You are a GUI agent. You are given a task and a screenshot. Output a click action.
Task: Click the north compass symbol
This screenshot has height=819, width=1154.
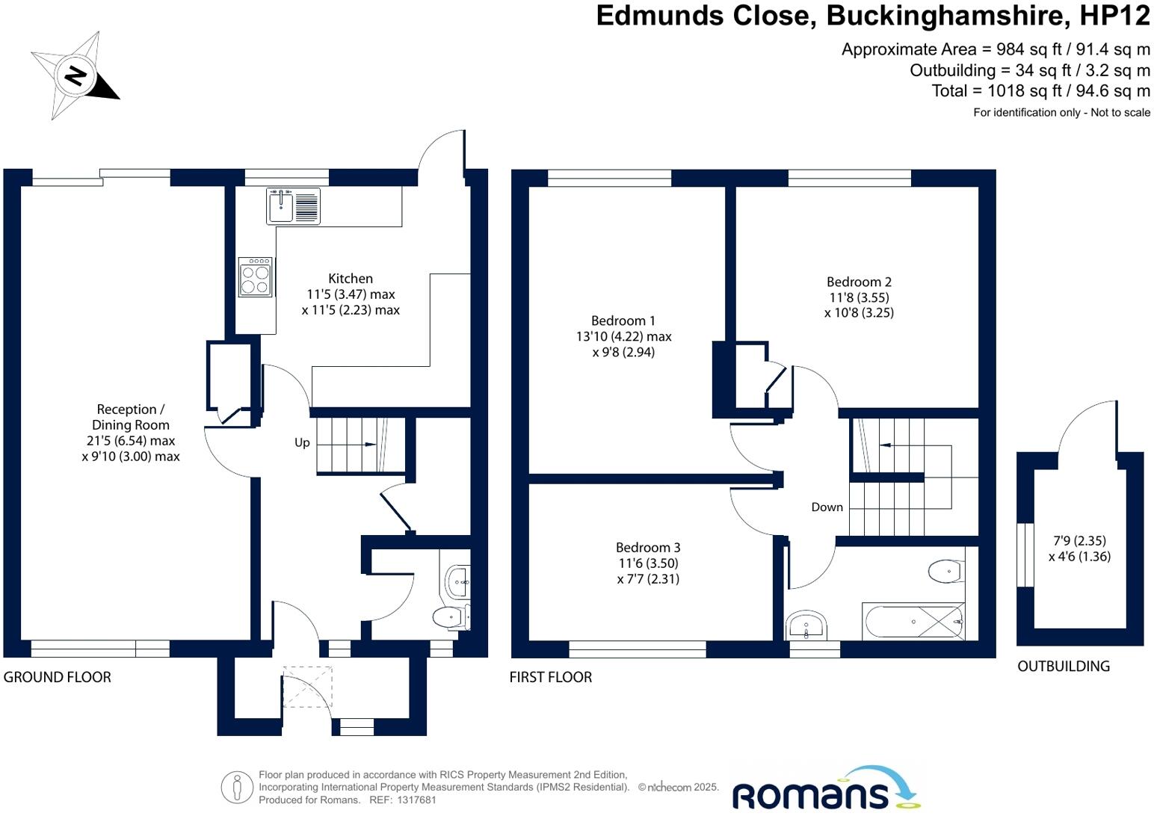75,75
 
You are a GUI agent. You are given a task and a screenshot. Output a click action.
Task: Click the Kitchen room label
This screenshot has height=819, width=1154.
351,279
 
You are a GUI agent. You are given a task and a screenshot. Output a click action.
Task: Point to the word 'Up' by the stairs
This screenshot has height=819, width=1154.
302,442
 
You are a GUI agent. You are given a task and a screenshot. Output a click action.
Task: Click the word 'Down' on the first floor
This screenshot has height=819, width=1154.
827,507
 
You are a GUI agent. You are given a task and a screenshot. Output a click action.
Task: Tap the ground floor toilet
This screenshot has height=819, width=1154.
449,617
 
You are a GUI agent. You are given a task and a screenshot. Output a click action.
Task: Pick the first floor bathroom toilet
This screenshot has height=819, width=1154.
945,572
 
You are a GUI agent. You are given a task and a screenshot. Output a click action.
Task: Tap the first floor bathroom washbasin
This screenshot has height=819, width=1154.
806,625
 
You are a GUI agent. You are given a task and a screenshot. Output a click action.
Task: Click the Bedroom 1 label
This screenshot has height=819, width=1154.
623,321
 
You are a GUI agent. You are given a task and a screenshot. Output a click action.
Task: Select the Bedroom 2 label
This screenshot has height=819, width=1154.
859,282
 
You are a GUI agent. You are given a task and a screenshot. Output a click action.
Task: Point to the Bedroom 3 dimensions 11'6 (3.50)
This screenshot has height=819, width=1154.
648,563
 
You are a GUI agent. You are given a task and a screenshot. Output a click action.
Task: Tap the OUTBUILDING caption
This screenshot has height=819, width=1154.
1063,666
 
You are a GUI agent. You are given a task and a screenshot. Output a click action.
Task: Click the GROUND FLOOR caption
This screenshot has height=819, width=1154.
58,677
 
